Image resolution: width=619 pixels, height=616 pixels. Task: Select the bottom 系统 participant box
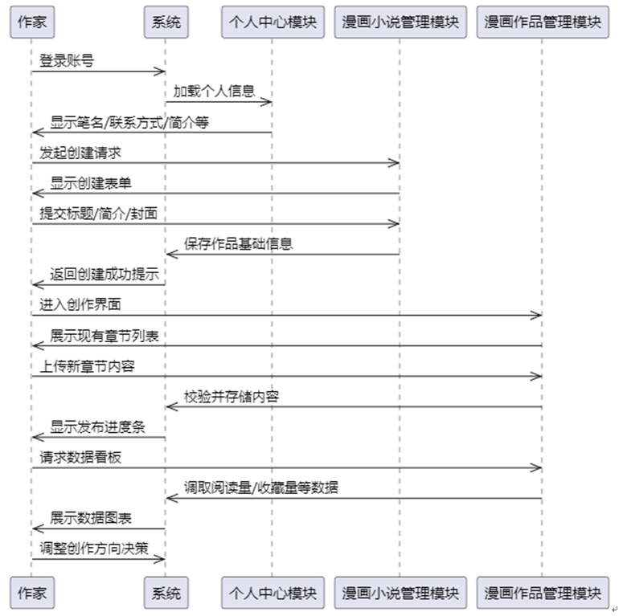click(166, 594)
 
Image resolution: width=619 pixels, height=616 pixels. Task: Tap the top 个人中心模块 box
click(272, 22)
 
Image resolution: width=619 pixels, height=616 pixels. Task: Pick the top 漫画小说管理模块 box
click(400, 22)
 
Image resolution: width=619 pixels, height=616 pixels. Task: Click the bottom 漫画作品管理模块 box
click(542, 594)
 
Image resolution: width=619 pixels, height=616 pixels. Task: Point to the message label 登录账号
click(67, 60)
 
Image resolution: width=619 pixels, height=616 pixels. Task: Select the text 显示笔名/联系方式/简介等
click(119, 122)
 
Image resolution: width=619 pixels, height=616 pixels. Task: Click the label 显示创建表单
click(91, 183)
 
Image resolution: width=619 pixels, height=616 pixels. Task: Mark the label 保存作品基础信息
click(238, 244)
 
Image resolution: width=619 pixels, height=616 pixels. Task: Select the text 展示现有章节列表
click(109, 336)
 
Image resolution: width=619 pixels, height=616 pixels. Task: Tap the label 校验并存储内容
click(232, 397)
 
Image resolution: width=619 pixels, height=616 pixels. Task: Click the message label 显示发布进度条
click(98, 427)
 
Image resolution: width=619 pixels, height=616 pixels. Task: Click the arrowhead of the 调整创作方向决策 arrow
click(161, 559)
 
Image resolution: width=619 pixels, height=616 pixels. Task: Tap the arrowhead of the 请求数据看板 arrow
click(537, 467)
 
